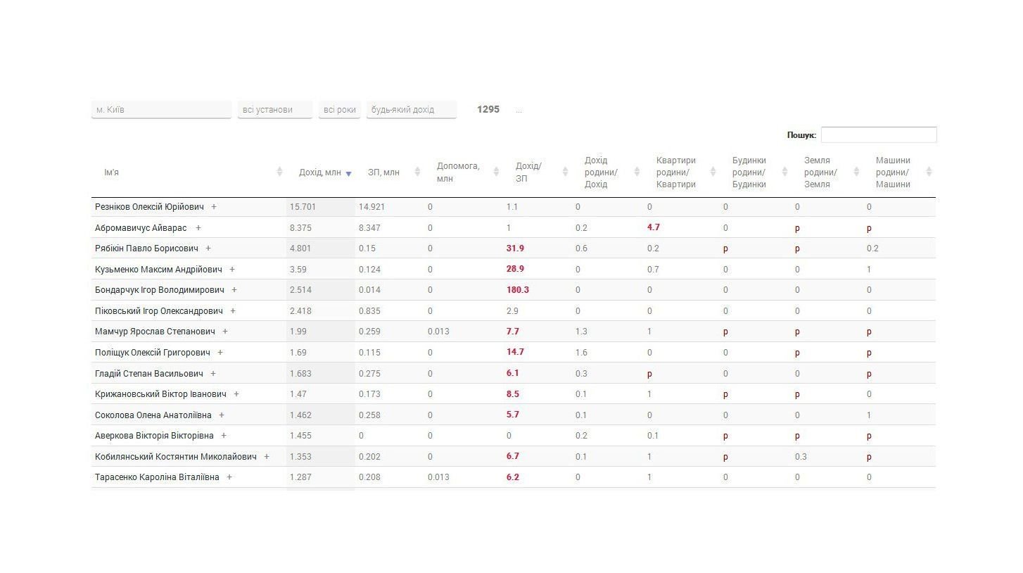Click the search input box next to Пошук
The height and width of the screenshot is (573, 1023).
[x=879, y=134]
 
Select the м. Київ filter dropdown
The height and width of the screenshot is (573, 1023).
[x=161, y=110]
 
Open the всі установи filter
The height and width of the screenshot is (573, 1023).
[x=274, y=110]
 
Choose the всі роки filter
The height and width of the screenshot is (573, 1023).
[x=339, y=110]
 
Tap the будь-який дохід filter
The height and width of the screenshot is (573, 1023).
[x=411, y=110]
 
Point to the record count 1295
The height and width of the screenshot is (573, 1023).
[x=488, y=109]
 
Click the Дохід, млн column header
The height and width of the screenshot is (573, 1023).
[x=319, y=172]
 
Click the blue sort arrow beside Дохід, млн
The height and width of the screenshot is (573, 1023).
[x=348, y=174]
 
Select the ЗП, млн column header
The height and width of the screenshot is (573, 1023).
[x=383, y=172]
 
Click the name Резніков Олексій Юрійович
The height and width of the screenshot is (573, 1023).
[x=149, y=207]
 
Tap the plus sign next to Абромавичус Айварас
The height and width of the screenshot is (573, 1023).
[x=198, y=228]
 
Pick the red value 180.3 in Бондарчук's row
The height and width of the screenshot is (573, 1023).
[x=517, y=290]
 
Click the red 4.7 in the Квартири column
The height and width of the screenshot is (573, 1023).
[x=653, y=227]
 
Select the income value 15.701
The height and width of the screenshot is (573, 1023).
[x=303, y=207]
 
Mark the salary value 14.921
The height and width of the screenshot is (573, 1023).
[x=371, y=207]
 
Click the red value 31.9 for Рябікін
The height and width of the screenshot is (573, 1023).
[x=515, y=248]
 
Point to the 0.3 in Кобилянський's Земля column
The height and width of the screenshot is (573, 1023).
[x=801, y=456]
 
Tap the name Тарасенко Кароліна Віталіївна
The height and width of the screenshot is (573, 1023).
[x=157, y=477]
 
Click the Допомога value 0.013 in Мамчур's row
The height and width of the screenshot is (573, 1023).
[x=438, y=332]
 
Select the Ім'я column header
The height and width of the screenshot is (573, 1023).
[x=111, y=172]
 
